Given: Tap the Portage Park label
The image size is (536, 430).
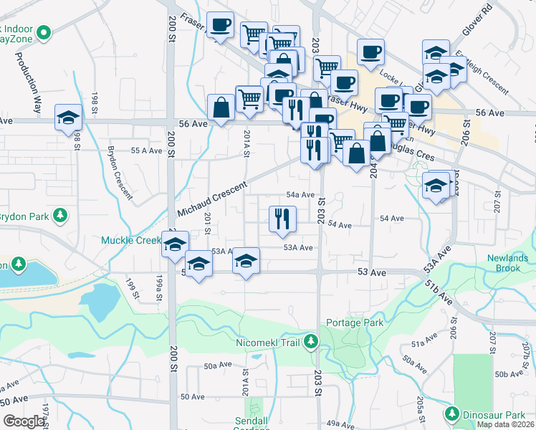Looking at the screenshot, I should [x=355, y=322].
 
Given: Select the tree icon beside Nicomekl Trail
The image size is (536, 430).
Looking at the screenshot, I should [x=310, y=342].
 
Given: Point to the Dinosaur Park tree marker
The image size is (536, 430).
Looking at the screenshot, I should [x=452, y=414].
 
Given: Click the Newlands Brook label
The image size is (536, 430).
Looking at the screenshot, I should [x=507, y=263].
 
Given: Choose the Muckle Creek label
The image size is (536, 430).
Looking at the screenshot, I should [x=131, y=241].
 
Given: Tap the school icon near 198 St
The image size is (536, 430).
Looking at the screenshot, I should [x=68, y=118].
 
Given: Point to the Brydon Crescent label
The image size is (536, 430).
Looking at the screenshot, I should [x=120, y=173].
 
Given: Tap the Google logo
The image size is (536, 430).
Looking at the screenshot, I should [x=24, y=421].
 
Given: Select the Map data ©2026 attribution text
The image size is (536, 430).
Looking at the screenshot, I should [x=506, y=424].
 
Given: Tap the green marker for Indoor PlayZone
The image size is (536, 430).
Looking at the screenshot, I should [x=44, y=32].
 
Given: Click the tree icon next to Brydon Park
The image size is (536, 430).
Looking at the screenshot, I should [x=61, y=215].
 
